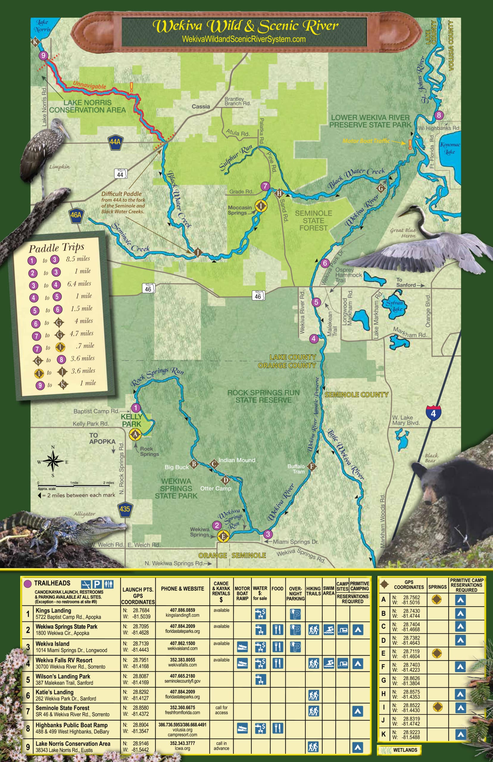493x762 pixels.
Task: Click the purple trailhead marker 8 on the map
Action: coord(439,115)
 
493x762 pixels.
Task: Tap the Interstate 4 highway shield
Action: coord(433,413)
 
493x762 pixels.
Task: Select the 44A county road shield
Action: coord(115,141)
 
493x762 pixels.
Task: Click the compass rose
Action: coord(53,461)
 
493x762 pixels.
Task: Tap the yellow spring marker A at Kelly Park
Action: coord(135,434)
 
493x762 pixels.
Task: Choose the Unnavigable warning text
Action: coord(89,85)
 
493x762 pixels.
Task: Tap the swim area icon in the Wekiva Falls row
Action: coord(328,663)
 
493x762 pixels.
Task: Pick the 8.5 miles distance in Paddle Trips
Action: coord(78,259)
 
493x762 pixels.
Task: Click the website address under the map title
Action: coord(243,39)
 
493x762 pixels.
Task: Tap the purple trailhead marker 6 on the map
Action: coord(324,263)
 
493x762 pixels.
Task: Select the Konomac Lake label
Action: coord(450,148)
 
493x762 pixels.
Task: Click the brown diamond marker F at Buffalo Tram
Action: coord(311,466)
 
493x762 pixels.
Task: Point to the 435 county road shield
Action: coord(124,508)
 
